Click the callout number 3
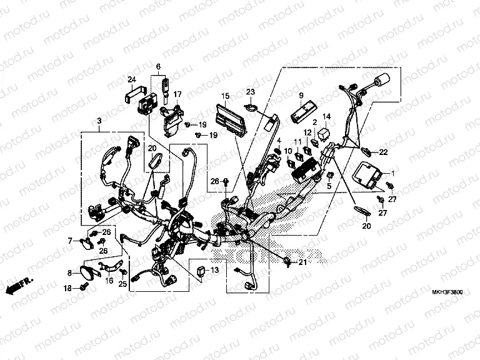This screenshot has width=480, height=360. (x=99, y=119)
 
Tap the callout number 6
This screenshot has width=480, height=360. (x=157, y=66)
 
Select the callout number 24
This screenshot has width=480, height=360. (x=132, y=79)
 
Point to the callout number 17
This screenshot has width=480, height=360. (x=177, y=94)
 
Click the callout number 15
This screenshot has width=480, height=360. (x=226, y=96)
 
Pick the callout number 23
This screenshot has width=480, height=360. (x=251, y=92)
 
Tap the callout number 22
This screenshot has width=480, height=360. (x=383, y=152)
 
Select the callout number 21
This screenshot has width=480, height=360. (x=303, y=262)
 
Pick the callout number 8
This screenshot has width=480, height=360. (x=70, y=272)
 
